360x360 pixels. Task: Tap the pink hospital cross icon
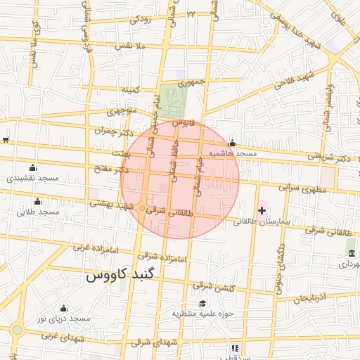click(x=262, y=210)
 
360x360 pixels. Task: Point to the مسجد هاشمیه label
click(x=232, y=153)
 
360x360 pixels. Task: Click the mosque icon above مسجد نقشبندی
click(x=32, y=167)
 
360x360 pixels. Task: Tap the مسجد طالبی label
click(x=37, y=212)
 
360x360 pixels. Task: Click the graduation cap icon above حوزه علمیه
click(x=202, y=304)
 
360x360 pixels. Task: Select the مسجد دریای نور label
click(x=64, y=319)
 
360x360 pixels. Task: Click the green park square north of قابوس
click(x=169, y=100)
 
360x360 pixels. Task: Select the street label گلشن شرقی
click(x=212, y=286)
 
